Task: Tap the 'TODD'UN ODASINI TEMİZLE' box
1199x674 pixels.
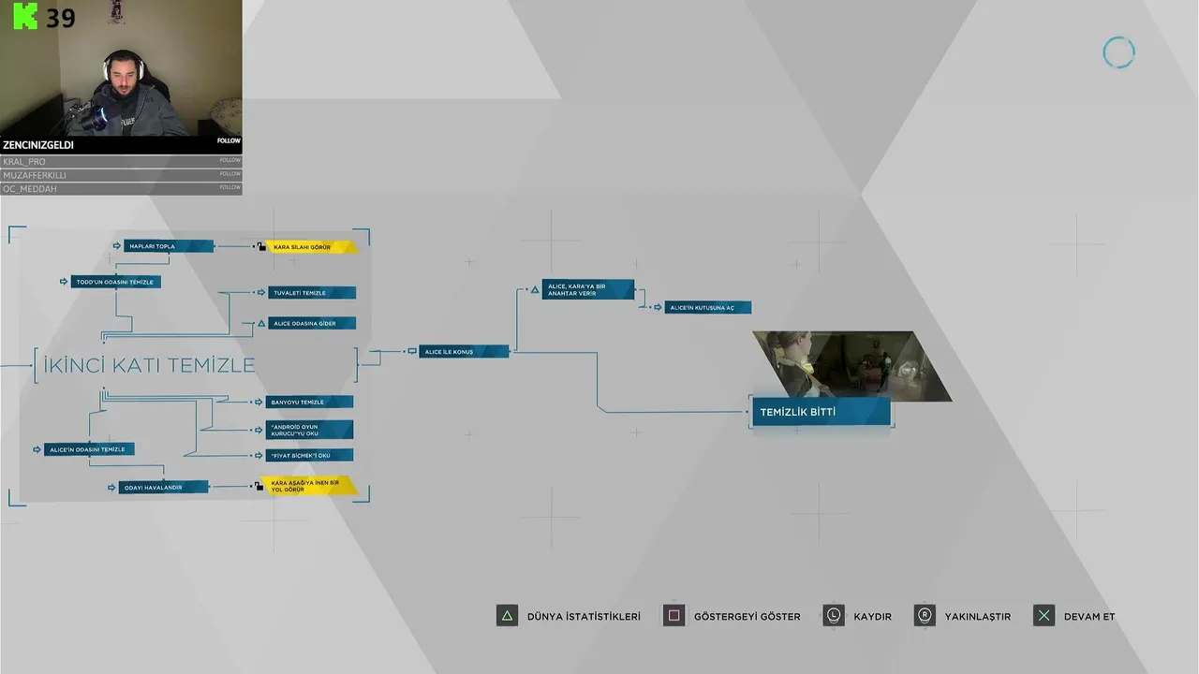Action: tap(116, 282)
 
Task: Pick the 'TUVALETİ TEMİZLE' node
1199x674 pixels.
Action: tap(312, 293)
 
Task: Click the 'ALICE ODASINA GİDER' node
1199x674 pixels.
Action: tap(312, 323)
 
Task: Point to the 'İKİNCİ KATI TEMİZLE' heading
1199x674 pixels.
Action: tap(195, 364)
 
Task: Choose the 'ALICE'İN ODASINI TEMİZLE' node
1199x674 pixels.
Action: tap(89, 449)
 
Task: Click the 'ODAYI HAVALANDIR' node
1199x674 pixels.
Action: tap(164, 487)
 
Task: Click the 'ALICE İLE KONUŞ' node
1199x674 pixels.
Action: tap(464, 352)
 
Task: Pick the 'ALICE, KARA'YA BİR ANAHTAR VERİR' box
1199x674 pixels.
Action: tap(587, 290)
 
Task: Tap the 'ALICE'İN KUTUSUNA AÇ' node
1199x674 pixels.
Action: tap(707, 307)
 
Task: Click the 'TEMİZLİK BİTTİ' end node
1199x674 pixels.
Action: tap(821, 412)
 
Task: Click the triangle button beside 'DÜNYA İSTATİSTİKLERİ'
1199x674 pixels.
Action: tap(507, 616)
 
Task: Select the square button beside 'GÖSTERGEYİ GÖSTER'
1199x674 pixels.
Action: tap(674, 616)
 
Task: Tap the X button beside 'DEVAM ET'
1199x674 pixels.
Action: tap(1044, 616)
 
